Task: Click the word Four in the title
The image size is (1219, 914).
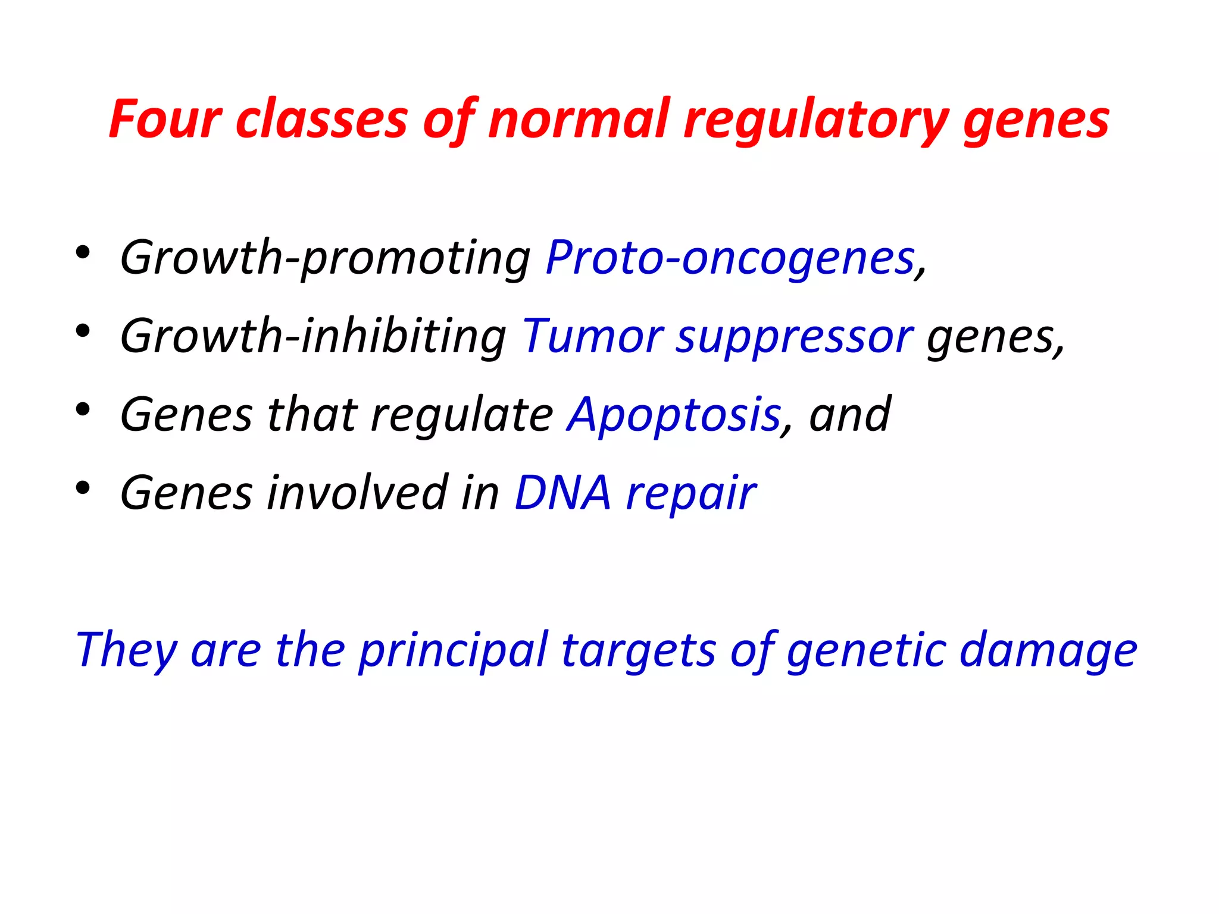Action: [165, 120]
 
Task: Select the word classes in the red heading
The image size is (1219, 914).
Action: [321, 120]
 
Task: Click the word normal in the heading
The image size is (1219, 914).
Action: [579, 120]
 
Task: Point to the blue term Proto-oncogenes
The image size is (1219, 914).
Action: [730, 259]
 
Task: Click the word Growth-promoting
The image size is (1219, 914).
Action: [325, 259]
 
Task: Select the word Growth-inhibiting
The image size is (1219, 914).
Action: [313, 336]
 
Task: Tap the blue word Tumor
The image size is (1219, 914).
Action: [592, 336]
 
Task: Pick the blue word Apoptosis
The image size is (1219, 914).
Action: [674, 415]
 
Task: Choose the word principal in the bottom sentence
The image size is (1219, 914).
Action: [453, 650]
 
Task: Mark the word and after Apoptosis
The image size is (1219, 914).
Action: [849, 415]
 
